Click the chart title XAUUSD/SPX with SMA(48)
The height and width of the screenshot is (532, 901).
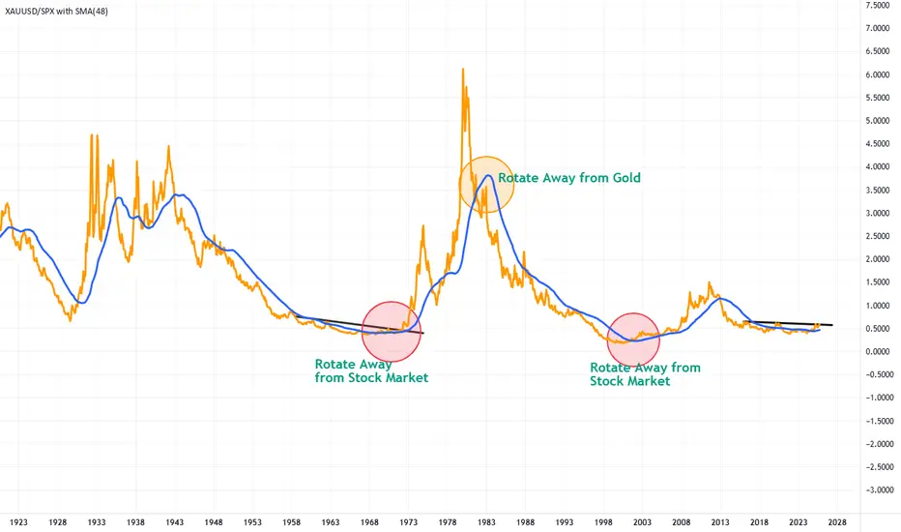[67, 10]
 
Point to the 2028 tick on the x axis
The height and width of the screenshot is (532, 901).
[837, 519]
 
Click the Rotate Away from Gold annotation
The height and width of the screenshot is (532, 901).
[569, 178]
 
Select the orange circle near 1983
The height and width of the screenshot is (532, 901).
[486, 185]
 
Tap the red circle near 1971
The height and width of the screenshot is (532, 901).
[391, 330]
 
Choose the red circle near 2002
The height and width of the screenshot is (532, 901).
[633, 340]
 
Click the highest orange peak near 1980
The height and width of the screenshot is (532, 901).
[463, 70]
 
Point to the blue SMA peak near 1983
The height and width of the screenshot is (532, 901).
[490, 176]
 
